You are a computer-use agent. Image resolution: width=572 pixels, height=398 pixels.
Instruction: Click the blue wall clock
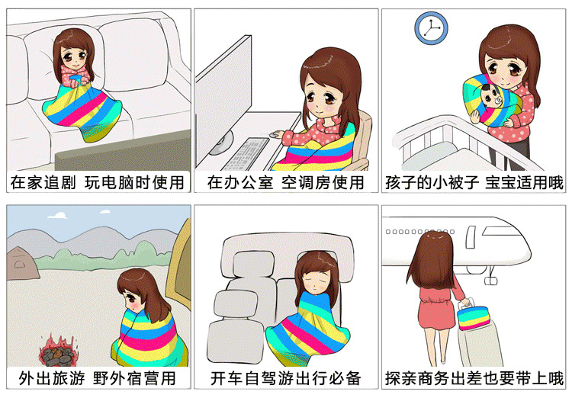tap(431, 28)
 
